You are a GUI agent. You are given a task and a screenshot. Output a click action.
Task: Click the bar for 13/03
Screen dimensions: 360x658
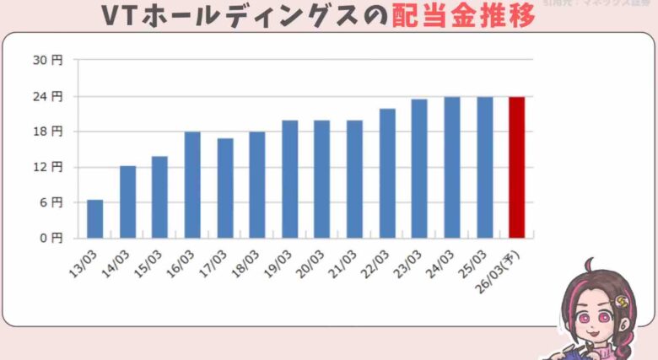(x=95, y=219)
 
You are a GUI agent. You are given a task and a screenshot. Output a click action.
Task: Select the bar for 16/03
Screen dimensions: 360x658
(x=192, y=185)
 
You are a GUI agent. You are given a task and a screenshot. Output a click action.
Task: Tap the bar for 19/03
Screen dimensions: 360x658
(x=289, y=179)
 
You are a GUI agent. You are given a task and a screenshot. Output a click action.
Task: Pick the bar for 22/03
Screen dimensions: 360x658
(x=387, y=173)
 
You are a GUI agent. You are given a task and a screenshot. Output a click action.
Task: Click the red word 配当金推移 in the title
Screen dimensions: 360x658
(x=464, y=15)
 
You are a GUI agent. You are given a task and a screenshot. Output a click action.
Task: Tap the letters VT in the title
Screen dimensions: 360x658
(x=119, y=15)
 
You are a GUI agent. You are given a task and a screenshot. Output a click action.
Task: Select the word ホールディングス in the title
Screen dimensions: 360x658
(x=253, y=15)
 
